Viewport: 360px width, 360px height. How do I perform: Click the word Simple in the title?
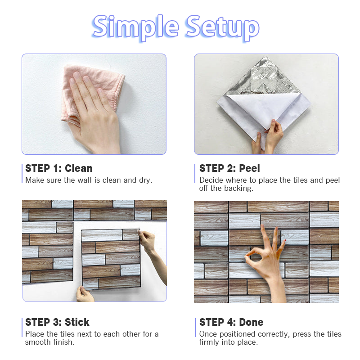tap(135, 27)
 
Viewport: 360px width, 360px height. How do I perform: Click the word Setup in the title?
tap(223, 27)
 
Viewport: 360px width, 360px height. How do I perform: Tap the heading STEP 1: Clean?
tap(59, 168)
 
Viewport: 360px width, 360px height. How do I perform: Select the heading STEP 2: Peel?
tap(229, 168)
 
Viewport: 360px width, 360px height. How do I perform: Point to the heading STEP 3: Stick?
tap(57, 322)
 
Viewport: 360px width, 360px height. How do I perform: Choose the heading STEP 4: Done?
tap(231, 322)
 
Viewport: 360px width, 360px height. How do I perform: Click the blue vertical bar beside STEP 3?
tap(22, 328)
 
